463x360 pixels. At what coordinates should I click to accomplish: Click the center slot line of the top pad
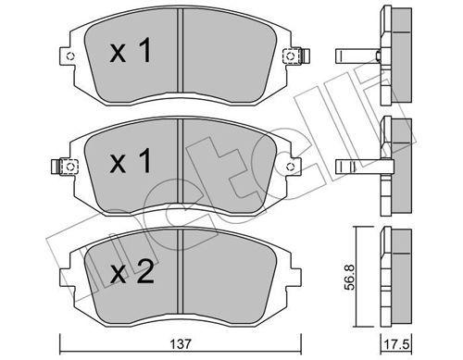[181, 51]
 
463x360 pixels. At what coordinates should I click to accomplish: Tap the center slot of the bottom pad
[181, 268]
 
